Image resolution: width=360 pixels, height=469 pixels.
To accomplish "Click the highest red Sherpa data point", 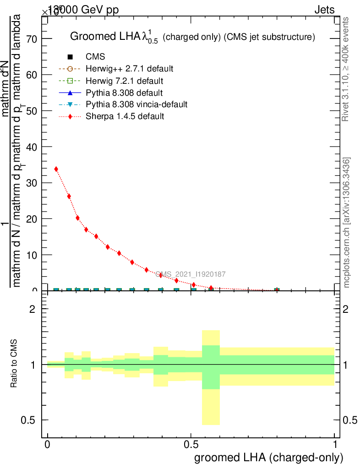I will pyautogui.click(x=56, y=169).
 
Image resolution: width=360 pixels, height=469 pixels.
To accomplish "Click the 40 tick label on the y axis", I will pyautogui.click(x=32, y=147).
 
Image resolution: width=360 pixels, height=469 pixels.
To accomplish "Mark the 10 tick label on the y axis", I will pyautogui.click(x=32, y=255).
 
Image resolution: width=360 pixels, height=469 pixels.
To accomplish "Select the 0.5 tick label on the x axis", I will pyautogui.click(x=191, y=445).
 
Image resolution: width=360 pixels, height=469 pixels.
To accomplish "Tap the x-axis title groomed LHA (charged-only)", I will pyautogui.click(x=269, y=458).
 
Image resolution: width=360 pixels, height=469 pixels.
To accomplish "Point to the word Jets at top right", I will pyautogui.click(x=324, y=10).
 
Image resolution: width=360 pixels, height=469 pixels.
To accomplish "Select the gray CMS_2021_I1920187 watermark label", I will pyautogui.click(x=190, y=274).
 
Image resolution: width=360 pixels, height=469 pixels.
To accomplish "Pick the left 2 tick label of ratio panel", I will pyautogui.click(x=33, y=309).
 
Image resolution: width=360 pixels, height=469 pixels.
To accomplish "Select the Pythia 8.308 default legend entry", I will pyautogui.click(x=124, y=93).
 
